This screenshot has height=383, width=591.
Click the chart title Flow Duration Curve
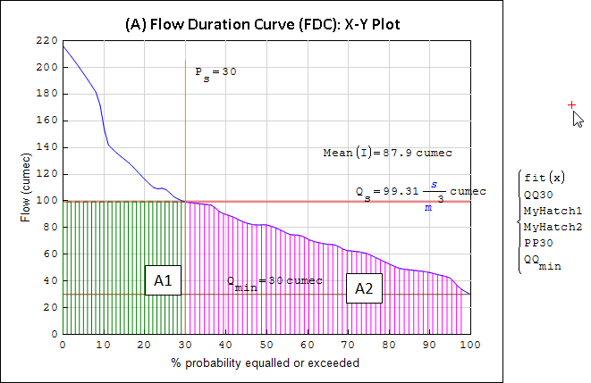click(x=262, y=24)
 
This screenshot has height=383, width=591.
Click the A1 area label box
click(x=163, y=282)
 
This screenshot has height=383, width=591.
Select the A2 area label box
click(x=364, y=288)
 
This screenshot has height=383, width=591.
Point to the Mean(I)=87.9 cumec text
click(x=387, y=153)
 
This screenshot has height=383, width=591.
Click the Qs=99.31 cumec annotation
click(x=420, y=193)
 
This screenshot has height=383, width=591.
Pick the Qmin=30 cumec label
click(x=274, y=282)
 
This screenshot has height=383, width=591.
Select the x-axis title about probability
click(x=266, y=363)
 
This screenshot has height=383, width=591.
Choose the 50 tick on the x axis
click(x=266, y=344)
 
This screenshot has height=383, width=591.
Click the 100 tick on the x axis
click(x=469, y=344)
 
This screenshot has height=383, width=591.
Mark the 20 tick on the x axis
click(x=144, y=344)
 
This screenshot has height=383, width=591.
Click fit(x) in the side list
click(x=545, y=178)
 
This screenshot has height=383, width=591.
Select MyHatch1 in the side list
click(x=553, y=212)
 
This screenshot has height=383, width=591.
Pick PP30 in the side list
click(x=539, y=242)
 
